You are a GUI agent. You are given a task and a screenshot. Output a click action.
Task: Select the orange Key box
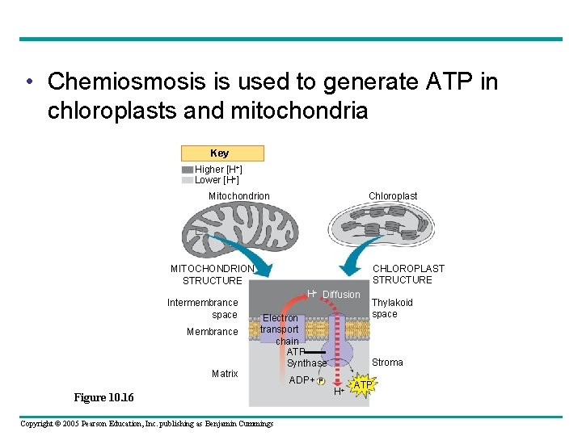coord(222,153)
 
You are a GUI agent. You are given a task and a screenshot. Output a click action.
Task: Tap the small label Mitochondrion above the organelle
coord(239,196)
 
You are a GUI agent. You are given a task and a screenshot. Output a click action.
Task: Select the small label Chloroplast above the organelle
coord(393,196)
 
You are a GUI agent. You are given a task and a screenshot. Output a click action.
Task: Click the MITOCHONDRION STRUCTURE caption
coord(212,275)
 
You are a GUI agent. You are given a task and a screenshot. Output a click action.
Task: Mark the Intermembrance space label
coord(203,308)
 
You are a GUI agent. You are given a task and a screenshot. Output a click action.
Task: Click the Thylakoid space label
coord(392,308)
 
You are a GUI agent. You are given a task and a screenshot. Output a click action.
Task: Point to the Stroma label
coord(387,363)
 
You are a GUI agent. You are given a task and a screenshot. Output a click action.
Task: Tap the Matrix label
coord(225,374)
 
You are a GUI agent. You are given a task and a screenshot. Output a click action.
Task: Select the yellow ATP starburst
coord(362,385)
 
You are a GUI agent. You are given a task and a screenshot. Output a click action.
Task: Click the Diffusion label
coord(341,295)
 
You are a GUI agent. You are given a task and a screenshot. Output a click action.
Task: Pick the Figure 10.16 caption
coord(103,398)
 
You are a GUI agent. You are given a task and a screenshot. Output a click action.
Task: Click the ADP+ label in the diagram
coord(302,380)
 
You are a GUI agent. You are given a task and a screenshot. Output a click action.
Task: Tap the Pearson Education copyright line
coord(147,424)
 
